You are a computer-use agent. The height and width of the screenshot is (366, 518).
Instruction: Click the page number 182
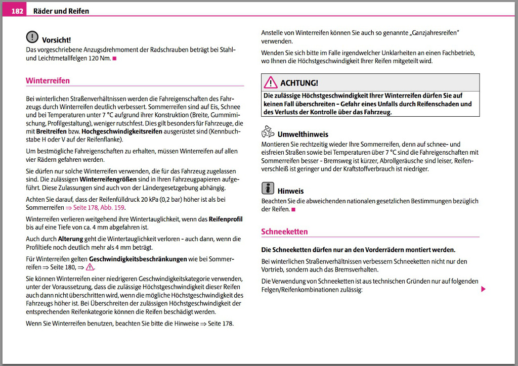17,11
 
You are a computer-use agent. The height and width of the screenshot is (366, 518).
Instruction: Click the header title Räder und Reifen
61,11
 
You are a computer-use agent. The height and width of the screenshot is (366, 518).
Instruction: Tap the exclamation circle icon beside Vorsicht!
32,37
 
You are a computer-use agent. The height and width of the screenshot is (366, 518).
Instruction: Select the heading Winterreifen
48,80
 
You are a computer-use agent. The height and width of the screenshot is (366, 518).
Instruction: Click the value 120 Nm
99,58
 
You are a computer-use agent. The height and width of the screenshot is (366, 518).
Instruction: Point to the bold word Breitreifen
48,131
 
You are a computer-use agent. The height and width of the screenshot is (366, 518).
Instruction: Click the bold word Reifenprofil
225,220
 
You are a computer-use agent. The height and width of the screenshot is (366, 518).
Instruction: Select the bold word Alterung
70,239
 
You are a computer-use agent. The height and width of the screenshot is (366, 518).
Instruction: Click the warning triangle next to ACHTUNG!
270,82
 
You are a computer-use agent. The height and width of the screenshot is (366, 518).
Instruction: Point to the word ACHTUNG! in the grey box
299,83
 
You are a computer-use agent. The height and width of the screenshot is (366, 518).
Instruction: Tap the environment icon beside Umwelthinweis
268,132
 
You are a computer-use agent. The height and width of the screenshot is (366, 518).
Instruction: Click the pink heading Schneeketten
284,232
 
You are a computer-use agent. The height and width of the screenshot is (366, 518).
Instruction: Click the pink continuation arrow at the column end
483,289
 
